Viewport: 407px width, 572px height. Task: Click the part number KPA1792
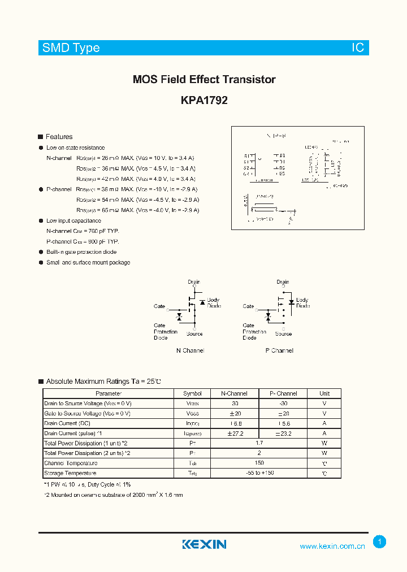point(204,101)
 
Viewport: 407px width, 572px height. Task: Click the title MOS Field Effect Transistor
point(204,80)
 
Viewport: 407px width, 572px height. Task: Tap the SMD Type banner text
point(71,48)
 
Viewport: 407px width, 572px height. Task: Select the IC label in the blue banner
point(358,48)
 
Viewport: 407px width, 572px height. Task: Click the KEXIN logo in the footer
point(204,544)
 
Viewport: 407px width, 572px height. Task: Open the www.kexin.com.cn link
point(332,546)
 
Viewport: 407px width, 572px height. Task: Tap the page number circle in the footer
point(379,542)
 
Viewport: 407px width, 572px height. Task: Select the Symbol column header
point(192,393)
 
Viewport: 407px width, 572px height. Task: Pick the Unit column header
point(324,393)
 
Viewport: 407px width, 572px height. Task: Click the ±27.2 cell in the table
point(235,434)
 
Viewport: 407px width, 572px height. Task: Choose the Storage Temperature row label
point(70,473)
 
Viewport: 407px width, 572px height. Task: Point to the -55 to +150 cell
point(259,473)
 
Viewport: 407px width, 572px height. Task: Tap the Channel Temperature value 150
point(259,463)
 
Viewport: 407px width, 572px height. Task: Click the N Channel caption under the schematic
point(190,350)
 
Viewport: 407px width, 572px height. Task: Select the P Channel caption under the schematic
point(279,350)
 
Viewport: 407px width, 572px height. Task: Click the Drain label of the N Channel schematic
point(194,282)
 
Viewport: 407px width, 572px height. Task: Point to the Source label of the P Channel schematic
point(283,333)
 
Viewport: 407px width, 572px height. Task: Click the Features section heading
point(59,137)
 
